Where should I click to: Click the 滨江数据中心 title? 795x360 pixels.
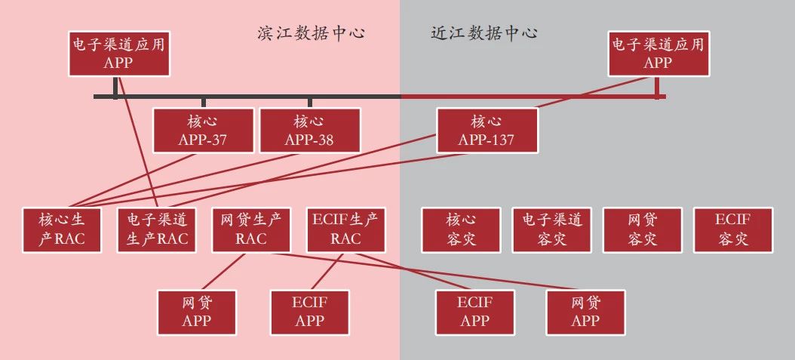[x=310, y=34]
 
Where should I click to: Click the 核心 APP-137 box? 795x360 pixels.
[x=487, y=131]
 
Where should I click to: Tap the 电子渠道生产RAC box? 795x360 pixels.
[x=157, y=229]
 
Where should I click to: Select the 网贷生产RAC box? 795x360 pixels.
[x=250, y=229]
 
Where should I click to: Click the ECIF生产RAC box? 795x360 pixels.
[x=345, y=229]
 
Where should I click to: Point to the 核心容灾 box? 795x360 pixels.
[x=461, y=229]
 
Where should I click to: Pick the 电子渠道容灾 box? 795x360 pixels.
[x=552, y=229]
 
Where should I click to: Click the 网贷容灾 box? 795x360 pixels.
[x=643, y=229]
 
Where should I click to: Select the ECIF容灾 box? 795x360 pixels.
[x=732, y=229]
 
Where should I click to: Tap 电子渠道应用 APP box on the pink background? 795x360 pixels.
[x=118, y=54]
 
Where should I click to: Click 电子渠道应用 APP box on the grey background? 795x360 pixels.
[x=658, y=54]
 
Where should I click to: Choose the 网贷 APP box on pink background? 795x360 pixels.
[x=196, y=312]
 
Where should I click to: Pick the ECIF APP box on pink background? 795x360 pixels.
[x=309, y=312]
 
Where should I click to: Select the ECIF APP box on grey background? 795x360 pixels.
[x=475, y=312]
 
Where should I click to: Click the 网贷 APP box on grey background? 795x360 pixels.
[x=585, y=312]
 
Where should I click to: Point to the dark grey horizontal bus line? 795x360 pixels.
[x=249, y=97]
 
